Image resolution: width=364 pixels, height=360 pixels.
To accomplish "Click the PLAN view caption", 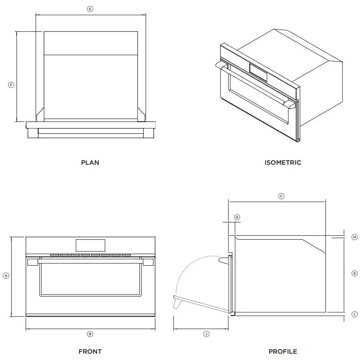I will pos(90,162).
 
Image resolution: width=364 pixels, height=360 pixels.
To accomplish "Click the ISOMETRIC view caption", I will pos(283,162).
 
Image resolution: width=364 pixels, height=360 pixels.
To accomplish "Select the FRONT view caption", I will pos(90,351).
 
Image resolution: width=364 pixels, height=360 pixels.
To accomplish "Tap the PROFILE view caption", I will pos(283,351).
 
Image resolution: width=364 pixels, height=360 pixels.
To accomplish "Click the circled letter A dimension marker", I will pos(6,276).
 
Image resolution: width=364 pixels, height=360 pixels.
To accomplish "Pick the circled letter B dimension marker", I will pos(90,334).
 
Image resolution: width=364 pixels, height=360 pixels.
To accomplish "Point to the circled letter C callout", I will pos(281,196).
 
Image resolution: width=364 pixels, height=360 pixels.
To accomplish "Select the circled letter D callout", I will pos(355,273).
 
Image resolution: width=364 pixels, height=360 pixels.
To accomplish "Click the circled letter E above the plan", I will pos(90,9).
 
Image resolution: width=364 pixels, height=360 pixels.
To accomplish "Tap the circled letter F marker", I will pos(11,84).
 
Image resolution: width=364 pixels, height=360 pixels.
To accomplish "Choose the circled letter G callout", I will pos(237,217).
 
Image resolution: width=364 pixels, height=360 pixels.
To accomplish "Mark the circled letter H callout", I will pos(355,237).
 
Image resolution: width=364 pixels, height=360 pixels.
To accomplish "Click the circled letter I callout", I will pos(355,314).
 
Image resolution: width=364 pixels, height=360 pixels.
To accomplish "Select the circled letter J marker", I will pos(206,334).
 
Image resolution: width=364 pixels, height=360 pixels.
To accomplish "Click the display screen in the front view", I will pos(90,245).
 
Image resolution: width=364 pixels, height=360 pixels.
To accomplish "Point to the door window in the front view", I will pos(90,278).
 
